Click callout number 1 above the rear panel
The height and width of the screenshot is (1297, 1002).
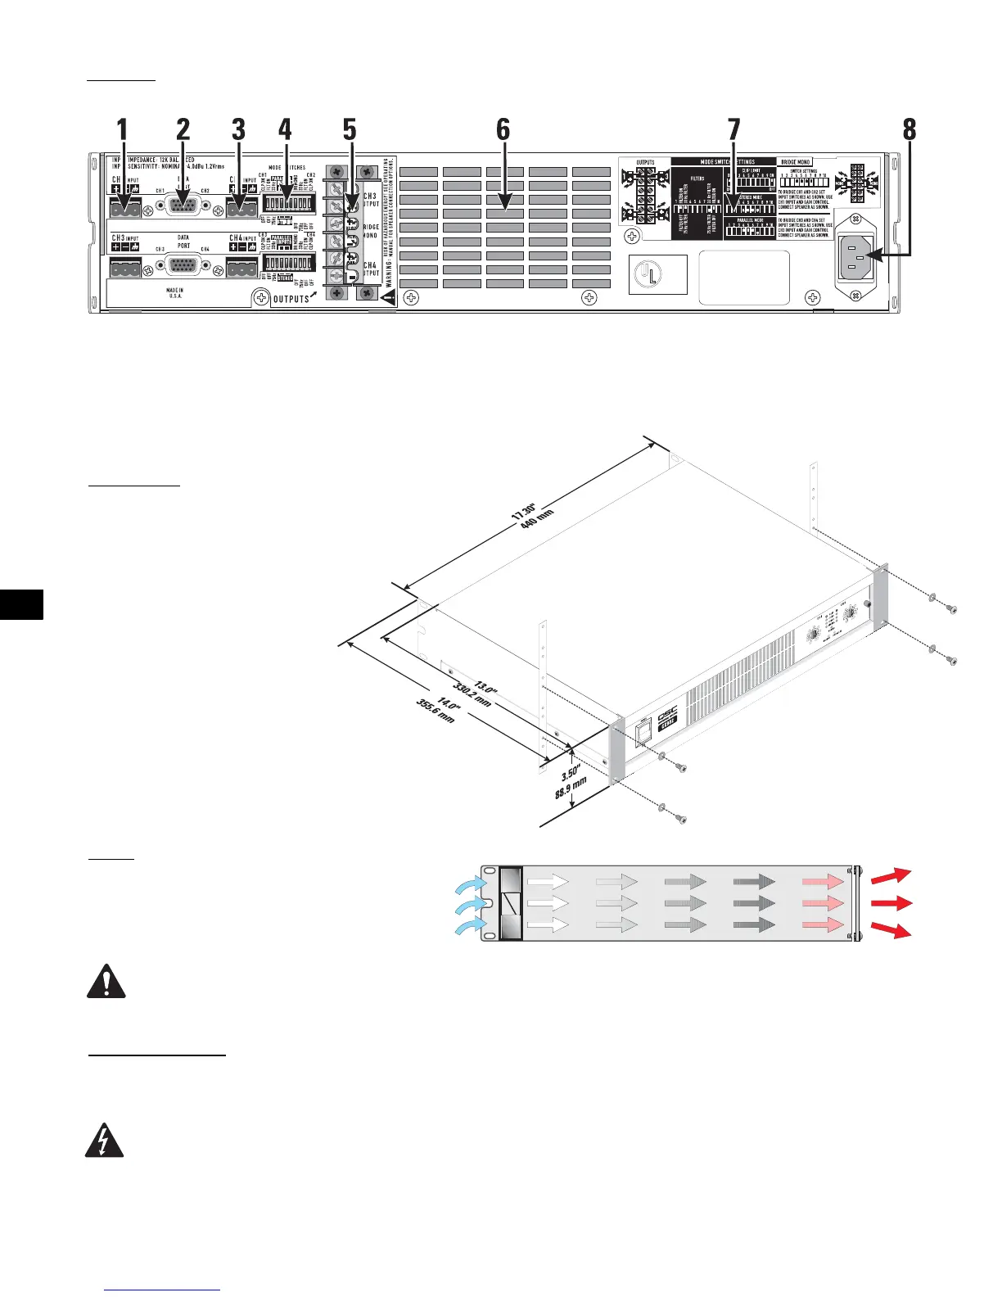(x=122, y=129)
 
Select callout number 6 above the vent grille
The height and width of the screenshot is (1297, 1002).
(x=503, y=129)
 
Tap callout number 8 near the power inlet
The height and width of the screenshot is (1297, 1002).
(x=909, y=129)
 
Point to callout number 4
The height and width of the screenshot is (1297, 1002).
(x=284, y=129)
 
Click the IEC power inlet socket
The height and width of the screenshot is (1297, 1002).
(x=855, y=255)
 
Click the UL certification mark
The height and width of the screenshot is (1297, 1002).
(x=657, y=276)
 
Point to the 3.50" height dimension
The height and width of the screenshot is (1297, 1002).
(x=571, y=772)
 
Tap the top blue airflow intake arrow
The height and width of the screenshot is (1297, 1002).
(x=472, y=887)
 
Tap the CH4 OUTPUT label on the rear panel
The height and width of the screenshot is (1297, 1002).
(x=370, y=269)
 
